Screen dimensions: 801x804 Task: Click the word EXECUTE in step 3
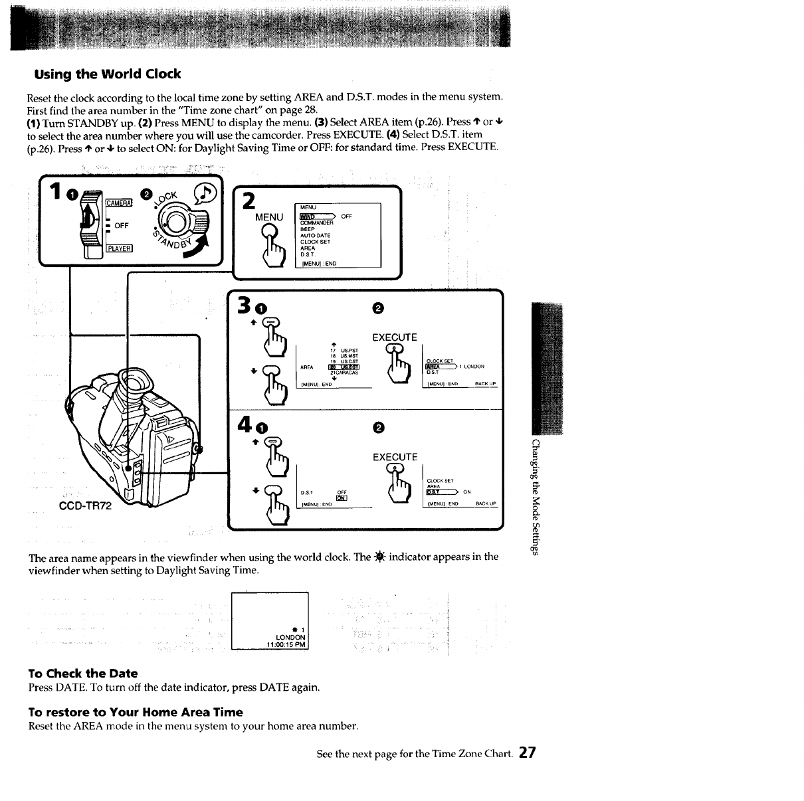click(395, 337)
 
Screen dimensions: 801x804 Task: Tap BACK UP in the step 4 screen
click(486, 504)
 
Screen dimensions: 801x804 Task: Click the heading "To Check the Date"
click(83, 673)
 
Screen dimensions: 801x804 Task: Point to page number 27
click(528, 753)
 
